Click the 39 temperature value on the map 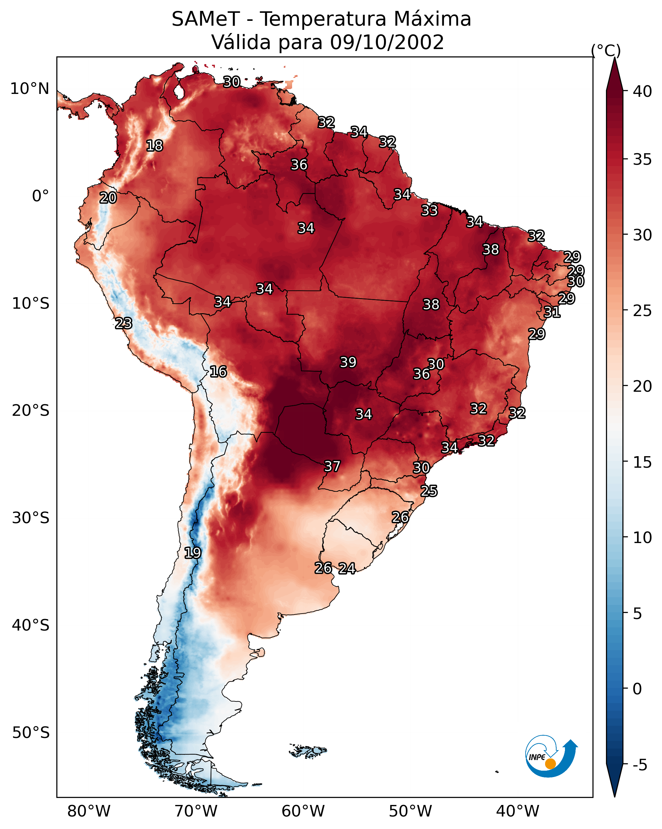[x=348, y=362]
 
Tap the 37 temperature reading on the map [x=332, y=466]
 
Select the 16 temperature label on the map [x=218, y=372]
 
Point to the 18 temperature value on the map [x=154, y=146]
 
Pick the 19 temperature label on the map [x=192, y=553]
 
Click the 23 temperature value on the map [x=124, y=323]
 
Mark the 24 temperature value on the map [x=347, y=568]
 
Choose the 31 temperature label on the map [x=552, y=312]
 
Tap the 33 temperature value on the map [x=429, y=210]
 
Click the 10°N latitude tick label [x=29, y=89]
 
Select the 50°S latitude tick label [x=31, y=733]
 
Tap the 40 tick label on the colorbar [x=642, y=91]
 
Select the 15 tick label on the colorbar [x=642, y=462]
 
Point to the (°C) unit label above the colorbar [x=606, y=50]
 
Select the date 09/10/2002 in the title [x=387, y=42]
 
